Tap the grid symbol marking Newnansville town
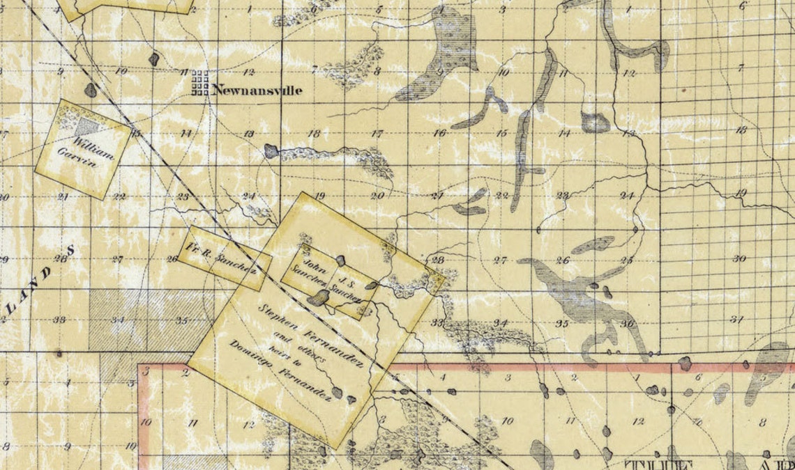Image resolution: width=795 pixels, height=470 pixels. pyautogui.click(x=201, y=82)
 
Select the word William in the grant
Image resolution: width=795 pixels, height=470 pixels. pyautogui.click(x=94, y=145)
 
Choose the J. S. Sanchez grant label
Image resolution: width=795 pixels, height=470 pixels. pyautogui.click(x=345, y=285)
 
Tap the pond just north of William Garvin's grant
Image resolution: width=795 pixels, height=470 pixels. pyautogui.click(x=91, y=90)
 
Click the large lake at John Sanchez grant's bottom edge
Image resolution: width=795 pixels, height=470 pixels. pyautogui.click(x=319, y=298)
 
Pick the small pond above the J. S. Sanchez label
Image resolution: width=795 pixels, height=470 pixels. pyautogui.click(x=340, y=260)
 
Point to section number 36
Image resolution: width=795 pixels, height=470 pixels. pyautogui.click(x=627, y=323)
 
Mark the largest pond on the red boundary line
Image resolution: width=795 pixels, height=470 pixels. pyautogui.click(x=684, y=363)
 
